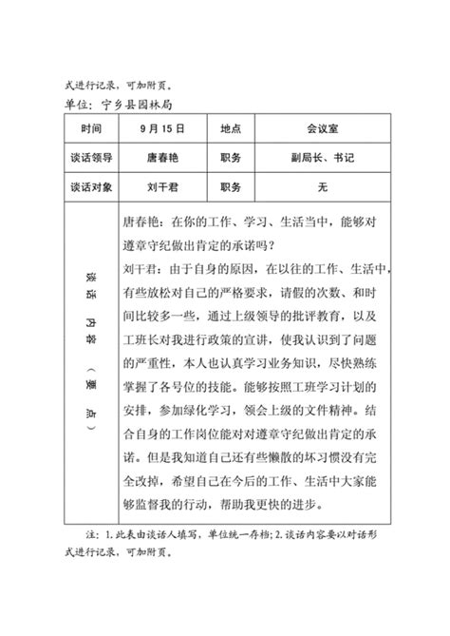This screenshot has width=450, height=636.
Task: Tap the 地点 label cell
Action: click(x=232, y=127)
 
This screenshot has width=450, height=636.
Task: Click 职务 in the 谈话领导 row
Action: click(x=232, y=158)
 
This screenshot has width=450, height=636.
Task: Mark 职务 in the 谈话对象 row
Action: click(x=232, y=188)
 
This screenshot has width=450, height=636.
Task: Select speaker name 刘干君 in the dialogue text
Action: click(x=144, y=270)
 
